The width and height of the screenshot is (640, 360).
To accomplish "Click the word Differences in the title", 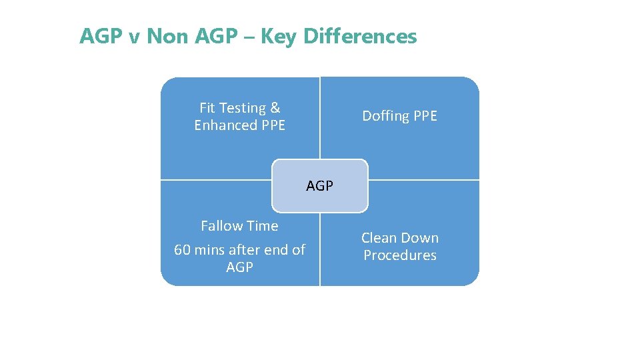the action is coord(360,36).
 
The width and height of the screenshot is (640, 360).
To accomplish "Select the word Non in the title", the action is coord(168,36).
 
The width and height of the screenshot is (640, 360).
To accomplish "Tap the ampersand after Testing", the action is coord(275,108).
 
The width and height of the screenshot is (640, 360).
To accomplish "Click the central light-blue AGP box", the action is coord(320,186).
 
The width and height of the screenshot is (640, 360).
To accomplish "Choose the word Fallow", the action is coord(221,226).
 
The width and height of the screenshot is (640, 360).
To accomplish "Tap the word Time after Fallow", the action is coord(262,226).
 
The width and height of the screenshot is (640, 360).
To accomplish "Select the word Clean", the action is coord(378,238).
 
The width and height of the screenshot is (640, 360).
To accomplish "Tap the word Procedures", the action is coord(400,255).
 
